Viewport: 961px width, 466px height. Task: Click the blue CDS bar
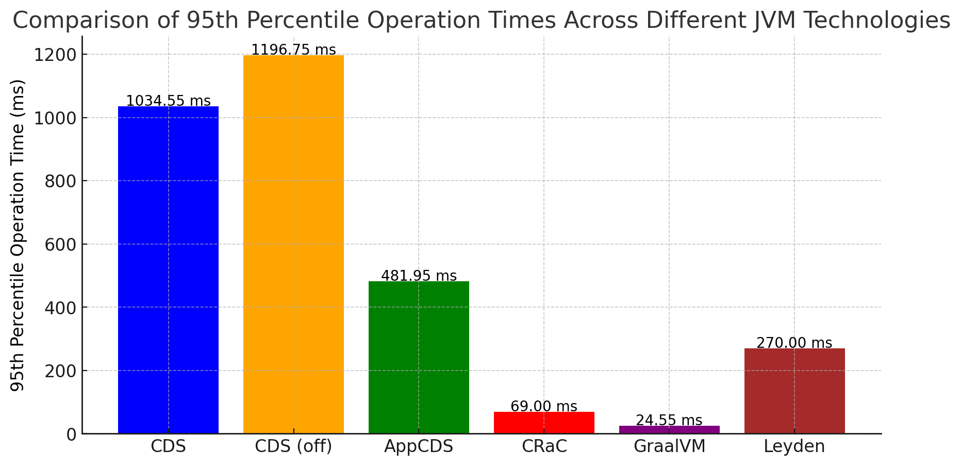(168, 270)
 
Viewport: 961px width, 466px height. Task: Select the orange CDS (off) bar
(293, 244)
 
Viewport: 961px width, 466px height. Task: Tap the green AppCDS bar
(419, 357)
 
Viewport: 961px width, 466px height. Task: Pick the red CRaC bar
(544, 423)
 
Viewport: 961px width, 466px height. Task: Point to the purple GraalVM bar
(669, 429)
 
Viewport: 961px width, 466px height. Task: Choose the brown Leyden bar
(794, 391)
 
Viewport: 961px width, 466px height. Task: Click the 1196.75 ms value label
(293, 50)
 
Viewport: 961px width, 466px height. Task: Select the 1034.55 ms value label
(168, 101)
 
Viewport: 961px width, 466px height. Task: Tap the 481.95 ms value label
(419, 276)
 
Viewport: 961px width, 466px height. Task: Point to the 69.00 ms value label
(544, 407)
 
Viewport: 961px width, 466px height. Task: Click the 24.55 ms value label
(669, 421)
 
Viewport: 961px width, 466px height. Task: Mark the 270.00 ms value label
(794, 343)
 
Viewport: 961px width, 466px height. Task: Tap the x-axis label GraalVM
(669, 446)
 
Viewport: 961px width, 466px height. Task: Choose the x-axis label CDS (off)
(293, 446)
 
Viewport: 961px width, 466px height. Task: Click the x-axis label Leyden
(794, 446)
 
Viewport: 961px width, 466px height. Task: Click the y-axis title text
(18, 235)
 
